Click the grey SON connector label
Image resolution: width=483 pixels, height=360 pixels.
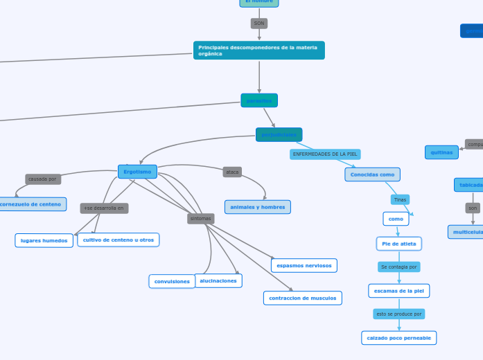[x=259, y=24]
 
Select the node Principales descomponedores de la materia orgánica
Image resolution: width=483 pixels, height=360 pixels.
[x=258, y=51]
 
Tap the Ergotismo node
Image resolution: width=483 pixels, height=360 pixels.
[x=137, y=172]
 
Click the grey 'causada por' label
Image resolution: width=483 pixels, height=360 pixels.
[x=43, y=179]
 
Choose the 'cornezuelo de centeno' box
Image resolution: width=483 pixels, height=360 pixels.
[x=32, y=204]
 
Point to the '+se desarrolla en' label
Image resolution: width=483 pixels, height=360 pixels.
[x=104, y=208]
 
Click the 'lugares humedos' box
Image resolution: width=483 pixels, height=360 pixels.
[x=44, y=241]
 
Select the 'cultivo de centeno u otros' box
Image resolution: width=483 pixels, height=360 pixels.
[x=118, y=240]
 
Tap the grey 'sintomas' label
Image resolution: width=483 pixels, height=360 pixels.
[x=200, y=219]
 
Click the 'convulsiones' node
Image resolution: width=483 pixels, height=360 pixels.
[x=172, y=282]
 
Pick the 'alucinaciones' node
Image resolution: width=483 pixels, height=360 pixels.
[x=218, y=280]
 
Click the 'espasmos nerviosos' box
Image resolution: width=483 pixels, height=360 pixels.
[x=304, y=265]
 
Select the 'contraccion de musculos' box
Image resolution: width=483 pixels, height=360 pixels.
[x=303, y=298]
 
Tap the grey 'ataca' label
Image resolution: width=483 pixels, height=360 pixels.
[x=232, y=172]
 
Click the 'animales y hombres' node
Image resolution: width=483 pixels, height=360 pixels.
[x=258, y=207]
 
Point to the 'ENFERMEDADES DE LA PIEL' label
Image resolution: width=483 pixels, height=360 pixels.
[x=325, y=154]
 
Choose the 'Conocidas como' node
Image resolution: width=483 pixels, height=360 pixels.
[x=372, y=174]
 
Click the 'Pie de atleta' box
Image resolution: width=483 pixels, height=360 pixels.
[x=398, y=244]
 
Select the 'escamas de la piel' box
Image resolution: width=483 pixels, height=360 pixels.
[x=398, y=291]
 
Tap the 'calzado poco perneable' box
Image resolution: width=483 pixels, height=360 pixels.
[x=398, y=338]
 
